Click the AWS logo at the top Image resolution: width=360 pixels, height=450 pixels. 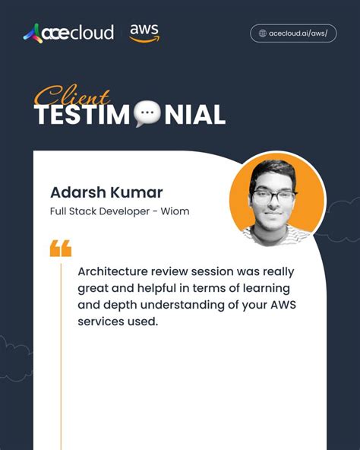coord(144,33)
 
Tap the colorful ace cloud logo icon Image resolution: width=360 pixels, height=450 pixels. coord(33,33)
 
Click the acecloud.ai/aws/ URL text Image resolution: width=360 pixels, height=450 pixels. coord(298,33)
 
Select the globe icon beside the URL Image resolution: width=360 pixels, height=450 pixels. coord(263,33)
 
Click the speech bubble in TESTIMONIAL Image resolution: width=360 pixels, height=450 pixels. coord(147,115)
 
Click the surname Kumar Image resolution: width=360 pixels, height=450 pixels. coord(136,192)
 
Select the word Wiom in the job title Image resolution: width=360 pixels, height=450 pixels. coord(175,211)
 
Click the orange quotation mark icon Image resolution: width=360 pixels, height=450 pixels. coord(60,248)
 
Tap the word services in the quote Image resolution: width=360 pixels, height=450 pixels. coord(100,322)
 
